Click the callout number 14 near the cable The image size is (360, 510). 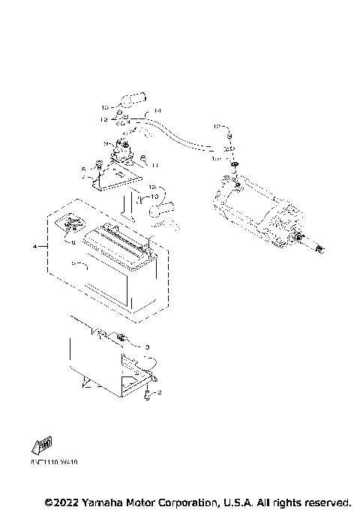point(157,112)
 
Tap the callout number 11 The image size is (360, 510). point(155,164)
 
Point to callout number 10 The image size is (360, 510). point(155,196)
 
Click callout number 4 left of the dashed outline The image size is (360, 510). point(34,246)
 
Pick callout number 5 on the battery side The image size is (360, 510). point(72,264)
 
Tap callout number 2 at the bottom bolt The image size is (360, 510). point(159,392)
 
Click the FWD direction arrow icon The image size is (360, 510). point(41,445)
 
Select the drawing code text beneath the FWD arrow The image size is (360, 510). point(54,463)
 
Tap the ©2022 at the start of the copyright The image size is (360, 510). point(60,501)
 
